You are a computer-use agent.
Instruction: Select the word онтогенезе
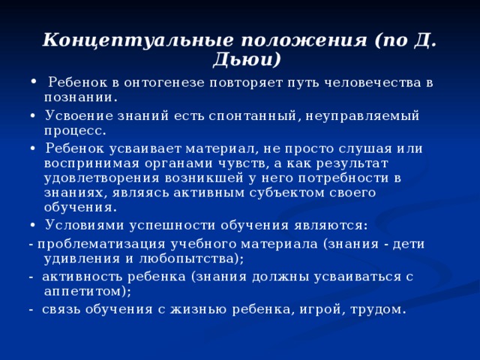pyautogui.click(x=150, y=82)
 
